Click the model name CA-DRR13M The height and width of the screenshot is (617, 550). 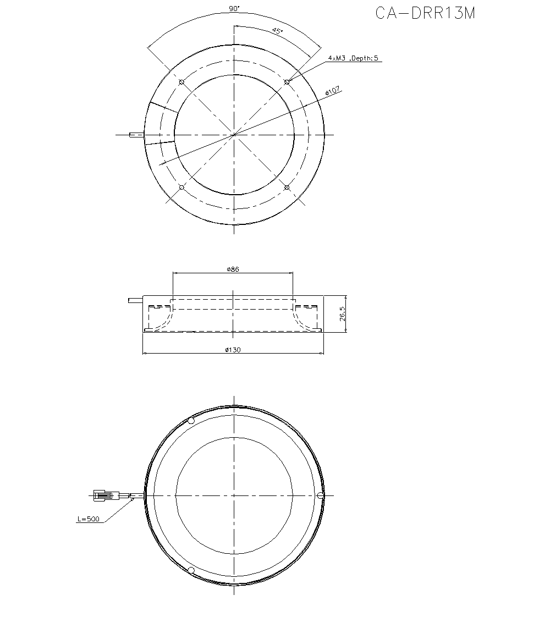click(425, 13)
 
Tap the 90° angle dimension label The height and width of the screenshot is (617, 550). click(233, 8)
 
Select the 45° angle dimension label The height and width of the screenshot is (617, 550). click(278, 31)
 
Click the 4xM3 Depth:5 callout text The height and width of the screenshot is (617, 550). click(353, 58)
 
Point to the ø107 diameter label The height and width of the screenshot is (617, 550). click(333, 91)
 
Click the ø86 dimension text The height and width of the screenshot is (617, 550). click(233, 269)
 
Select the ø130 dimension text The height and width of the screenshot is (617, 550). click(233, 350)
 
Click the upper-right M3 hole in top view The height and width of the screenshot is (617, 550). click(287, 82)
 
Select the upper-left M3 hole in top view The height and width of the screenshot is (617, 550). click(182, 82)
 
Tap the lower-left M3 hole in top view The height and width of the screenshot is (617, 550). click(182, 188)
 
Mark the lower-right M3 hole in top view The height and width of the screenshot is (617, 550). click(287, 188)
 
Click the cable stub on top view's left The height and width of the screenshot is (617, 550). click(136, 135)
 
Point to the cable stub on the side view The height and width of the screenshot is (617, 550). click(135, 300)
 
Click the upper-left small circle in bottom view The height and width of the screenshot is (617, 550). click(191, 421)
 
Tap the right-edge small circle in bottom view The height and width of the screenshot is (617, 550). click(321, 495)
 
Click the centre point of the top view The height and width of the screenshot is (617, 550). click(234, 135)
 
